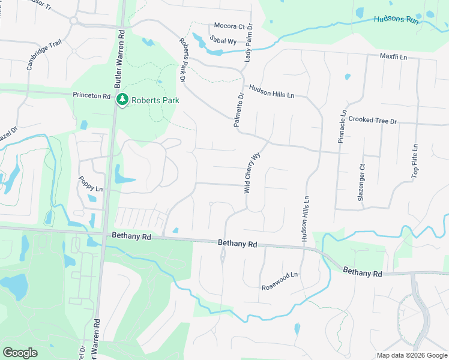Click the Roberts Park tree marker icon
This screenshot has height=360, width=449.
click(x=122, y=99)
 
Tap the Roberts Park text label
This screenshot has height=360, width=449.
click(x=155, y=100)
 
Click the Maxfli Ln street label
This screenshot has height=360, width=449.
click(x=393, y=57)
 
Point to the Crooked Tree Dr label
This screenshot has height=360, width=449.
click(x=373, y=121)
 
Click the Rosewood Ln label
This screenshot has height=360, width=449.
click(x=280, y=281)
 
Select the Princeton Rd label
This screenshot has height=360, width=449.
click(x=92, y=95)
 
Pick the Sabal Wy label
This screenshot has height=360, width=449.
click(x=222, y=40)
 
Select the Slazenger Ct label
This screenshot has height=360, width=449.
click(x=361, y=182)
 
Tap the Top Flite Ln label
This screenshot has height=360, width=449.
click(x=415, y=161)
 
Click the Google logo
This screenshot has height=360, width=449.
click(x=20, y=353)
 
